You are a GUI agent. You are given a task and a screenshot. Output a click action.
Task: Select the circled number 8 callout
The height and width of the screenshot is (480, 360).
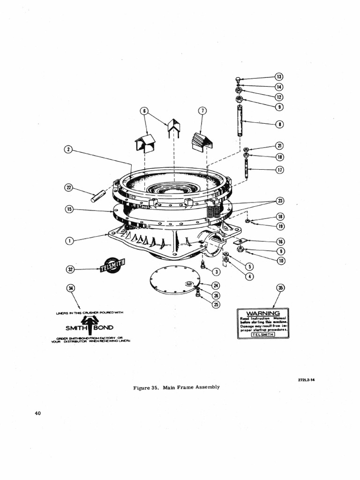pos(280,124)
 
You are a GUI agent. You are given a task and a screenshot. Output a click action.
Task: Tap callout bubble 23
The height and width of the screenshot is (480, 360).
pos(280,201)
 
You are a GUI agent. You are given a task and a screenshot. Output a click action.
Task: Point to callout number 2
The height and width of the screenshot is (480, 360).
pos(68,150)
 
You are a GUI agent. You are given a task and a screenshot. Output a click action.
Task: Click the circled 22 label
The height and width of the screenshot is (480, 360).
pos(68,188)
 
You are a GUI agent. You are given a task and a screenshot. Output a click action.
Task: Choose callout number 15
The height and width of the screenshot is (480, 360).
pos(68,209)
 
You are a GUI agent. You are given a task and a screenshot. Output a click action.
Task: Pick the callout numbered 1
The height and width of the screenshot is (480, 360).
pos(68,240)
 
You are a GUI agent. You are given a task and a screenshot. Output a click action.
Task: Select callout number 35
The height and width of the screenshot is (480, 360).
pos(280,287)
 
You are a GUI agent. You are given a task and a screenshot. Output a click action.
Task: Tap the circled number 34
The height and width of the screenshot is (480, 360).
pos(70,287)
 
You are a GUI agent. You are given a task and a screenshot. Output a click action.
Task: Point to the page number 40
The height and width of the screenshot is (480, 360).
pos(38,413)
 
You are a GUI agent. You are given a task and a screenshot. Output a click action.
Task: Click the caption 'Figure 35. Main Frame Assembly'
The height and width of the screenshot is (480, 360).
pos(176,387)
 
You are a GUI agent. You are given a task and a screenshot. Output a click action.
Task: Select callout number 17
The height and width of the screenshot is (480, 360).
pos(280,170)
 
